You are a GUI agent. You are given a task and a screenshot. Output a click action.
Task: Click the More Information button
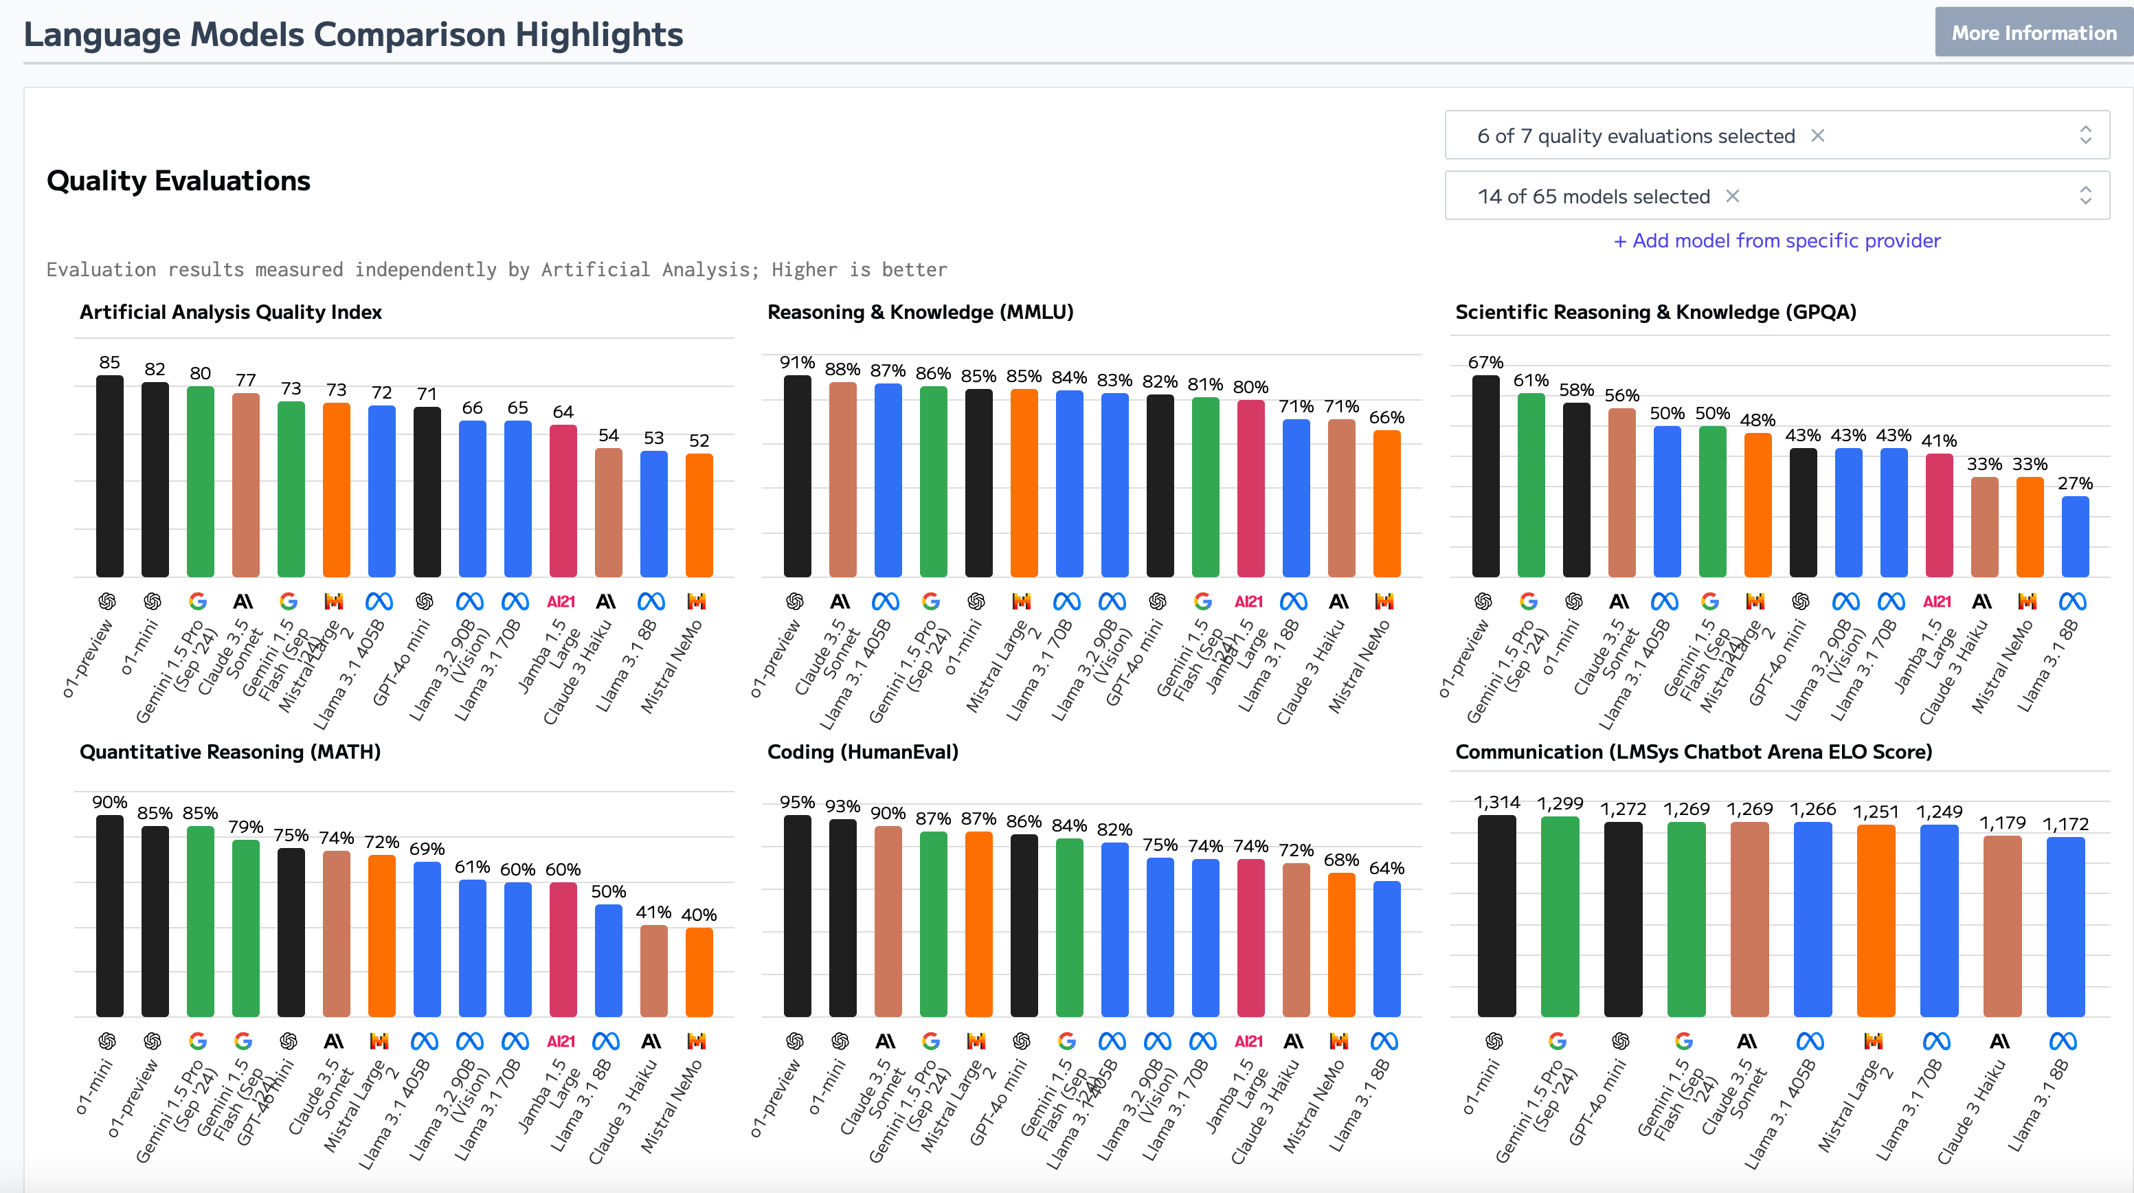(2033, 33)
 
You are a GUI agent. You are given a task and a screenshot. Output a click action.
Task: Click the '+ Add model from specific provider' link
(1776, 241)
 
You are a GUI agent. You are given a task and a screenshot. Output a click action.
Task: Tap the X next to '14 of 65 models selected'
(1732, 197)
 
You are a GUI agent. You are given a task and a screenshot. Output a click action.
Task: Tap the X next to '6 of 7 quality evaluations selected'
(1817, 136)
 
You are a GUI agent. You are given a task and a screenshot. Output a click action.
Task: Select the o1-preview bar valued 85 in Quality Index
(109, 476)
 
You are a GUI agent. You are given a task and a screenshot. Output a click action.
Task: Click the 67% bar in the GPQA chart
(1485, 476)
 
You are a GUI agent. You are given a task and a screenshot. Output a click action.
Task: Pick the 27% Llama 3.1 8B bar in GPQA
(2074, 537)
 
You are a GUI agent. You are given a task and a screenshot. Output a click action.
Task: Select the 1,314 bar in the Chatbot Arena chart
(1496, 915)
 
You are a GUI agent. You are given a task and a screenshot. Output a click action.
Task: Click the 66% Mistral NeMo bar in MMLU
(1386, 504)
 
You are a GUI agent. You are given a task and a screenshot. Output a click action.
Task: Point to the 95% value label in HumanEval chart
(797, 802)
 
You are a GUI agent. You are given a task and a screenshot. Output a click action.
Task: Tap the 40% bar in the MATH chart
(698, 972)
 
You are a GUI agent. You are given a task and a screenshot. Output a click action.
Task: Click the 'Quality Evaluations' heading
(178, 181)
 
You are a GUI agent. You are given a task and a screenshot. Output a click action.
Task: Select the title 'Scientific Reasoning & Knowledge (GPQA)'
(1655, 312)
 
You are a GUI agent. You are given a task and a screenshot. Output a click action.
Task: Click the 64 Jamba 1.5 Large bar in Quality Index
(563, 501)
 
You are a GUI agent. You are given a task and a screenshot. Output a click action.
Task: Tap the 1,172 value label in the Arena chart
(2065, 823)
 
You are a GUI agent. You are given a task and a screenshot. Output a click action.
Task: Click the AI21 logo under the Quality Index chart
(561, 601)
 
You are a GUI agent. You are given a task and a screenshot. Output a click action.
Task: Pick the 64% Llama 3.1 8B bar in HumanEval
(1386, 948)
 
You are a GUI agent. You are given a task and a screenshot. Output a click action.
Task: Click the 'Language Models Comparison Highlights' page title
(353, 35)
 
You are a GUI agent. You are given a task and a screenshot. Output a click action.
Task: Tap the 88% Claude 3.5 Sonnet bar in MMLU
(842, 479)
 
